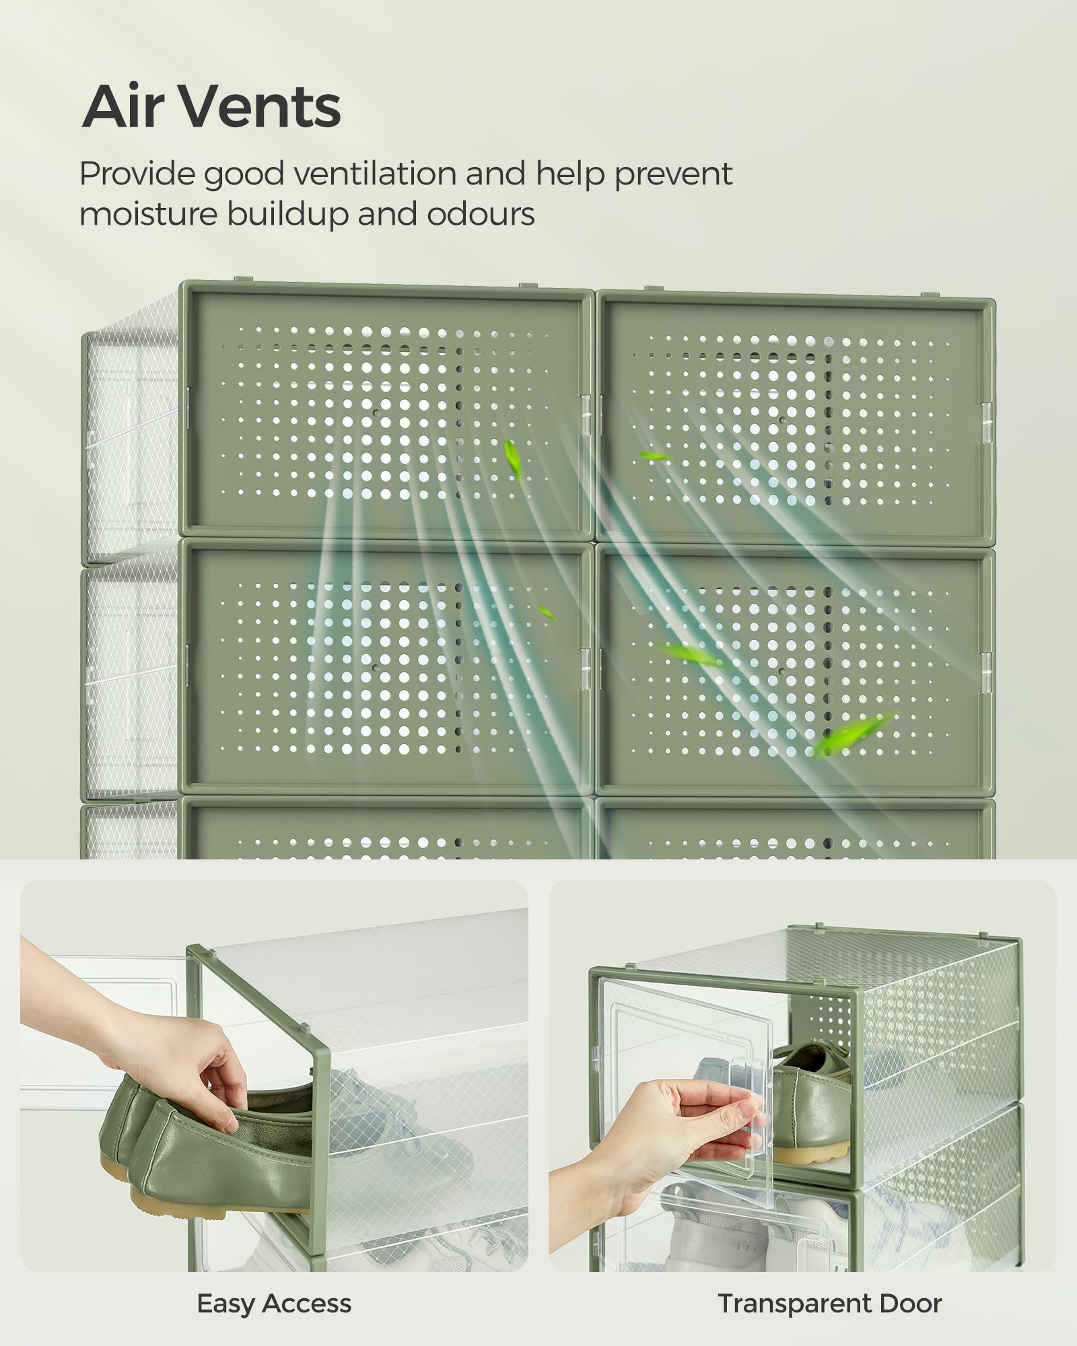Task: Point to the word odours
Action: [481, 215]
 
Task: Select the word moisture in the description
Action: [149, 215]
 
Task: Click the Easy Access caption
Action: [274, 1304]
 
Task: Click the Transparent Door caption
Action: [829, 1304]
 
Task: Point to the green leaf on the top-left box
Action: [514, 460]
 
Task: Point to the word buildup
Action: [288, 215]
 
